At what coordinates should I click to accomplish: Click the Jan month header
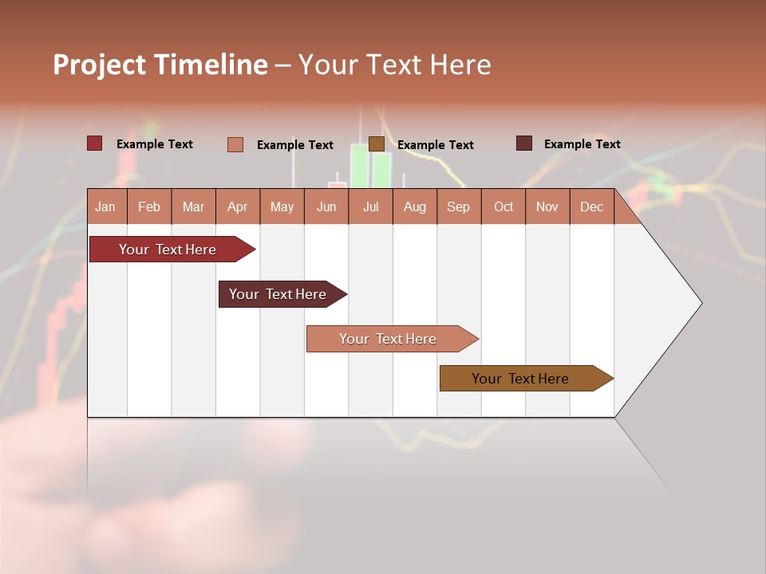click(x=106, y=206)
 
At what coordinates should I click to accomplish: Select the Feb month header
click(x=149, y=206)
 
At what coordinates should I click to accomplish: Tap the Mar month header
click(x=193, y=206)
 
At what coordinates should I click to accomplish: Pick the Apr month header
click(x=238, y=206)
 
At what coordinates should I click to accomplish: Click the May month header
click(x=282, y=206)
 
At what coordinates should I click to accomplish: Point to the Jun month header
click(x=326, y=206)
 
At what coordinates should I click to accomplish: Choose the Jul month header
click(x=370, y=206)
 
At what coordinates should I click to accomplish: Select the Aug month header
click(x=415, y=206)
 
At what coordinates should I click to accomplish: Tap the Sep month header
click(x=459, y=206)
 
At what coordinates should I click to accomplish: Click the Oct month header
click(x=503, y=206)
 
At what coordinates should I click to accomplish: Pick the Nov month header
click(x=547, y=206)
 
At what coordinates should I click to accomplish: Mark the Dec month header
click(x=592, y=206)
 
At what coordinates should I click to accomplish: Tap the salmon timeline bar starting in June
click(x=389, y=339)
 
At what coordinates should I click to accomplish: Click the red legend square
click(x=94, y=143)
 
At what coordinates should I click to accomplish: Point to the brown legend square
click(x=377, y=143)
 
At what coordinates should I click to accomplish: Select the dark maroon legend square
click(x=524, y=143)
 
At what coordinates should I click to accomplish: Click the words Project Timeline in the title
click(x=160, y=65)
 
